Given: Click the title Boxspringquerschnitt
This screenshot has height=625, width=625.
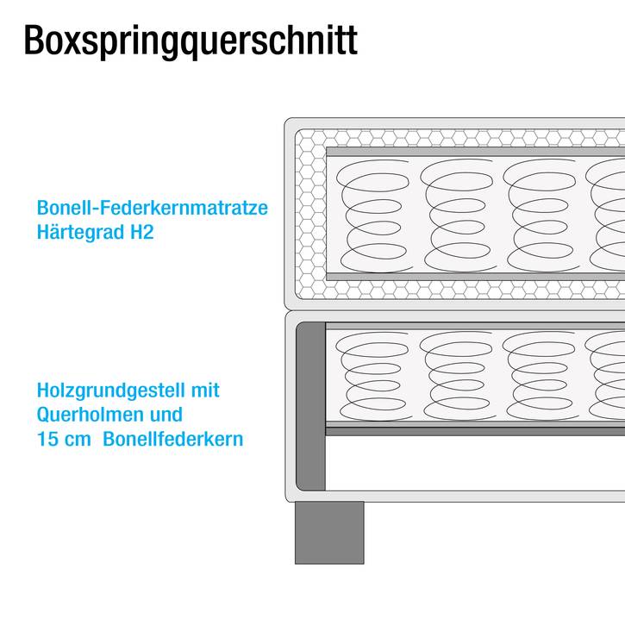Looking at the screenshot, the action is point(191,41).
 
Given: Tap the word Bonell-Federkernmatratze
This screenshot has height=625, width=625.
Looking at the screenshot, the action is point(153,208).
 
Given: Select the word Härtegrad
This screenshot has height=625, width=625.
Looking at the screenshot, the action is point(80,232).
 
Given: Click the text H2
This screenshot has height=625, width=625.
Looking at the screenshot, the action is point(142,232).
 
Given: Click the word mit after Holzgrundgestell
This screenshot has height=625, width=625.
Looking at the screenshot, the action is point(205,391).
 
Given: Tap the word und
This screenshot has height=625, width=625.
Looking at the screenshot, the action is point(166,415).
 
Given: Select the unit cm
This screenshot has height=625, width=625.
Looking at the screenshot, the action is point(78,441).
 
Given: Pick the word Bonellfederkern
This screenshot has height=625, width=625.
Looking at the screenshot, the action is point(173,440).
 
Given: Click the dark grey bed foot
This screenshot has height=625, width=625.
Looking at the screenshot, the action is point(329,533).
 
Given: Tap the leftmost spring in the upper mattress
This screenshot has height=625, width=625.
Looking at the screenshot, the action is point(373,216).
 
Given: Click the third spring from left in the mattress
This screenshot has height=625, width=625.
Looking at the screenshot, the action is point(541,216).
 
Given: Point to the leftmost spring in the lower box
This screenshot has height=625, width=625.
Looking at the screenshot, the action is point(372,376).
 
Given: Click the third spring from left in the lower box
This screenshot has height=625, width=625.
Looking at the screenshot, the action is point(541,376).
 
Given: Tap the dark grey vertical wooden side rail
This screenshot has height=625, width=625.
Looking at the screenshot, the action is point(310,407).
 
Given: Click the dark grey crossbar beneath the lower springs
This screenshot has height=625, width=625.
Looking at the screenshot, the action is point(475,431).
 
